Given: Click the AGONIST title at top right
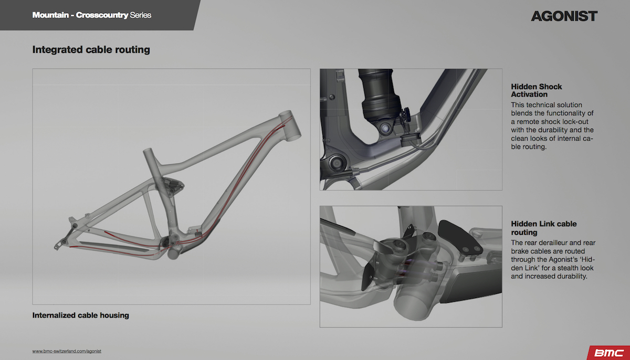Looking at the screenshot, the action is pyautogui.click(x=564, y=16).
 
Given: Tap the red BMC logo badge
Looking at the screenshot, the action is pyautogui.click(x=610, y=353).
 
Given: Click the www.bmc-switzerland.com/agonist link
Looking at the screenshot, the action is pyautogui.click(x=67, y=351).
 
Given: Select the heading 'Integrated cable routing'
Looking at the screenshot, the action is pyautogui.click(x=91, y=49).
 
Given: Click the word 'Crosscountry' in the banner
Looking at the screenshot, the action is pyautogui.click(x=102, y=15).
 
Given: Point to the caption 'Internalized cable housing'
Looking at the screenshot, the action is pyautogui.click(x=80, y=315).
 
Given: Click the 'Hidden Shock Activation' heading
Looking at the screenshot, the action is pyautogui.click(x=537, y=90).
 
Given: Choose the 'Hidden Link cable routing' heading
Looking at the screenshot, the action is pyautogui.click(x=544, y=228).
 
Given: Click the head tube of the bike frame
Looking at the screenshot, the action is pyautogui.click(x=290, y=125).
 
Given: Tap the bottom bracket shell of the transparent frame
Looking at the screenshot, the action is pyautogui.click(x=174, y=252).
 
